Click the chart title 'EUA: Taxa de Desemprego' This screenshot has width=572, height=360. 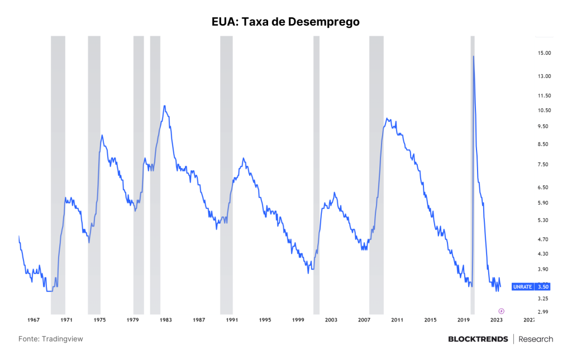(x=285, y=22)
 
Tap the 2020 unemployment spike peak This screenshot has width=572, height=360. (x=474, y=56)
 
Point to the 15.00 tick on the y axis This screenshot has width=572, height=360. (x=544, y=53)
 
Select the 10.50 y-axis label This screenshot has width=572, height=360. (x=544, y=111)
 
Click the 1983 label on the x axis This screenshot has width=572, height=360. (x=165, y=320)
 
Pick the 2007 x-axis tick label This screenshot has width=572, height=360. (x=364, y=320)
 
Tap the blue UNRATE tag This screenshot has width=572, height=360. (x=523, y=287)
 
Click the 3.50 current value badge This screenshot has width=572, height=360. (x=543, y=287)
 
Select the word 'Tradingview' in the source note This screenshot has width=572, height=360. (x=63, y=339)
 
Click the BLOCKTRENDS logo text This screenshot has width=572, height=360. (x=478, y=339)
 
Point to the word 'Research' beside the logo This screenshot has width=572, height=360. (x=536, y=339)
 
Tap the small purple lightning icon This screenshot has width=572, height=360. (x=501, y=311)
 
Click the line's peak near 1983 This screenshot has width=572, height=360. (x=165, y=106)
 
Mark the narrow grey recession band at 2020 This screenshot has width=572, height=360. (x=473, y=175)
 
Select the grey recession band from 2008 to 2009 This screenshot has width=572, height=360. (x=376, y=175)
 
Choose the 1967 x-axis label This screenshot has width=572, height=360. (x=34, y=320)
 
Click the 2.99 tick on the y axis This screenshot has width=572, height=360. (x=543, y=312)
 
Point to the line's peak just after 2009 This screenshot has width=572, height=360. (x=387, y=118)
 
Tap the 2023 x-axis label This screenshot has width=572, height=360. (x=496, y=320)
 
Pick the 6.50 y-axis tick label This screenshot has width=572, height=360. (x=543, y=188)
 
